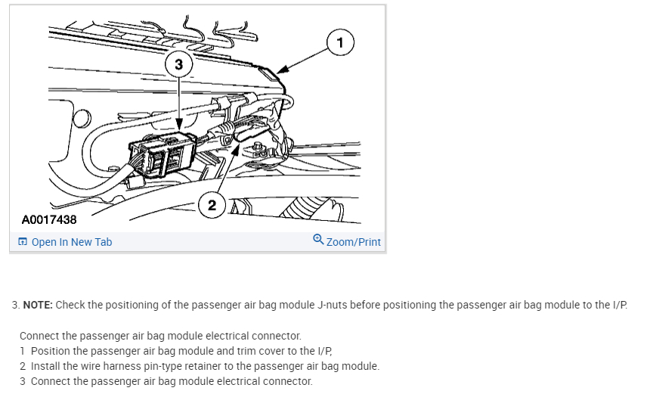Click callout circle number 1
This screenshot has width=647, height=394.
340,42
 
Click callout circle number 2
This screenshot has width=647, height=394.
212,205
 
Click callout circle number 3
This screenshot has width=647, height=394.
178,64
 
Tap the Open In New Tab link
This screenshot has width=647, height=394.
72,242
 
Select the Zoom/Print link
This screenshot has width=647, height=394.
353,242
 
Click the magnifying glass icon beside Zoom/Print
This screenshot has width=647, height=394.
318,239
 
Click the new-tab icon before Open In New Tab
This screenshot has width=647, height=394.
23,241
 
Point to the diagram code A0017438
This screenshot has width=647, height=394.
49,220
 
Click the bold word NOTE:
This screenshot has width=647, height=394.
38,305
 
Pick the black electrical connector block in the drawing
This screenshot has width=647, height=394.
163,154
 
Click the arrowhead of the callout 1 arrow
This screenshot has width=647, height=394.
281,70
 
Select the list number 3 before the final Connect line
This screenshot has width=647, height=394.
22,381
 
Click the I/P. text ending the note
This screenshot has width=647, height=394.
620,305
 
